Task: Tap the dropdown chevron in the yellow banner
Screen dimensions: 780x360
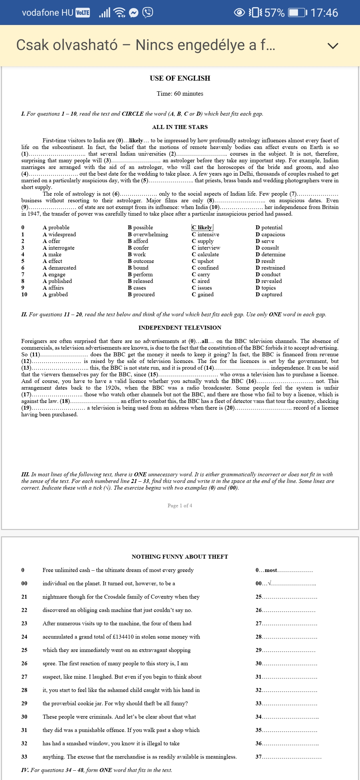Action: (x=333, y=46)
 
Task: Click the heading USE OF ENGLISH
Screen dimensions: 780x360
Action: (x=180, y=78)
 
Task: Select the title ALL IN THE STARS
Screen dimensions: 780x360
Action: (x=180, y=127)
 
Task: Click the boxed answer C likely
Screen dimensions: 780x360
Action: (x=202, y=227)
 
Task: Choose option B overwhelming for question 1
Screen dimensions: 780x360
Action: (x=148, y=234)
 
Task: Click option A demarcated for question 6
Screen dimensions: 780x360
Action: (x=60, y=268)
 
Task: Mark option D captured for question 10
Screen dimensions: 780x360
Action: (x=269, y=294)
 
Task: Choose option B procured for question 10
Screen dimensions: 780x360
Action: (x=141, y=294)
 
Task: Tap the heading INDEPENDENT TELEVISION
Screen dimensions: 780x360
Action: (x=180, y=328)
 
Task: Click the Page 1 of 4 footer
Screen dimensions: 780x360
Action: (x=180, y=506)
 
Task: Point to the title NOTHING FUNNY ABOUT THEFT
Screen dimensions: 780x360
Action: (x=180, y=557)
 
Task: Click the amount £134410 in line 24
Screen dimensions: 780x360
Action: (x=126, y=637)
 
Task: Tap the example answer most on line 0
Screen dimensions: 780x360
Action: (x=271, y=570)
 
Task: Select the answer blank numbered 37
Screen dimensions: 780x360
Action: (x=292, y=757)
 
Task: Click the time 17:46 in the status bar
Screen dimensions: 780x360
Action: (x=324, y=13)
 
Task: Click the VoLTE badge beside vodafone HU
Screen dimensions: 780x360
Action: (x=83, y=13)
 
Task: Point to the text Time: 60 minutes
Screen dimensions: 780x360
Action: (x=180, y=94)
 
